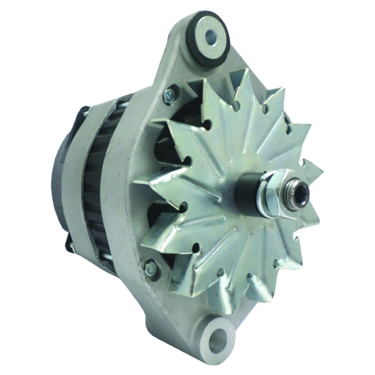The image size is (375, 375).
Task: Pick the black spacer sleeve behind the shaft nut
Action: point(246,195)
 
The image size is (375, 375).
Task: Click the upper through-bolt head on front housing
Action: point(169,96)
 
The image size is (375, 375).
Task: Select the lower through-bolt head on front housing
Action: point(151,268)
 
